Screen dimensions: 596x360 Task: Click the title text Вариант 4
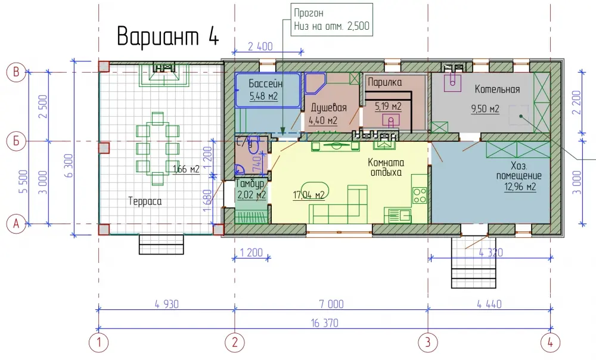pyautogui.click(x=168, y=36)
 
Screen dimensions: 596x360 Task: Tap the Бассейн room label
pyautogui.click(x=265, y=83)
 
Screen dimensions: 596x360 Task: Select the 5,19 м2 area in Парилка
pyautogui.click(x=388, y=107)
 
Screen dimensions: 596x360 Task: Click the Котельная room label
pyautogui.click(x=497, y=89)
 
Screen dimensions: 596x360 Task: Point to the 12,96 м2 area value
pyautogui.click(x=520, y=187)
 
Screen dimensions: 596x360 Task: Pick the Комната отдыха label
pyautogui.click(x=386, y=167)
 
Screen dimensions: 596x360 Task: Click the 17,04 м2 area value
pyautogui.click(x=308, y=195)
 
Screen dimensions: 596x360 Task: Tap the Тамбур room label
pyautogui.click(x=250, y=184)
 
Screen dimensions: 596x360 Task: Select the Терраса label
pyautogui.click(x=145, y=201)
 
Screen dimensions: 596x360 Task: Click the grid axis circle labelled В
pyautogui.click(x=16, y=72)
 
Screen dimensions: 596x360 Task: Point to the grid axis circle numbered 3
pyautogui.click(x=428, y=343)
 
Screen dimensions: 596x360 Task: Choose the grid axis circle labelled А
pyautogui.click(x=16, y=224)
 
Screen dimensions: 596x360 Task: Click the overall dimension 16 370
pyautogui.click(x=324, y=323)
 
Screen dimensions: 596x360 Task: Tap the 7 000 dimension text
pyautogui.click(x=331, y=304)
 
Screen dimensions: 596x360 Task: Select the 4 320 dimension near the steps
pyautogui.click(x=491, y=253)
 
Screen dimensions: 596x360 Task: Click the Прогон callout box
pyautogui.click(x=331, y=20)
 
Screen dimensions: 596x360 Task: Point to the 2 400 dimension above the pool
pyautogui.click(x=260, y=46)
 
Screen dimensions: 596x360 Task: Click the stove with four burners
pyautogui.click(x=420, y=195)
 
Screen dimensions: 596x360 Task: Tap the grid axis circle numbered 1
pyautogui.click(x=99, y=343)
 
